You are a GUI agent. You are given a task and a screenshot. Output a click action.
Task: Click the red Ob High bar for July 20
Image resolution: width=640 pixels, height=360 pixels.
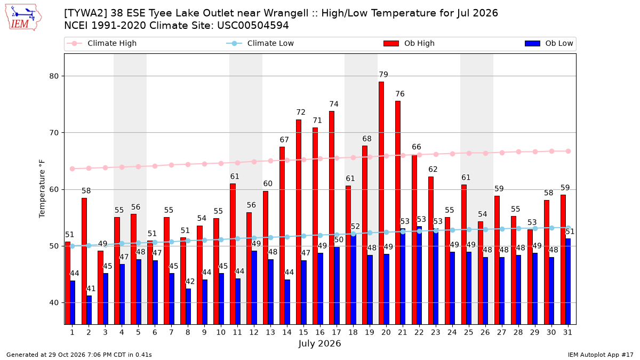(381, 203)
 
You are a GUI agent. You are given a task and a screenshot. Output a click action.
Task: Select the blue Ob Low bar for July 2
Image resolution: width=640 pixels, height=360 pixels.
(89, 310)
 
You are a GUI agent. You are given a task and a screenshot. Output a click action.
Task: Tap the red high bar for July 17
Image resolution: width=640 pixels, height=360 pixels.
(331, 218)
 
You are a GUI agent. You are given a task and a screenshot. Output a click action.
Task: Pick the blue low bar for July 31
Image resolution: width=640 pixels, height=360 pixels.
(568, 282)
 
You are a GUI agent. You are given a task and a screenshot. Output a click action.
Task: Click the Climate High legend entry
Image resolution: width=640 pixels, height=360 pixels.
(101, 43)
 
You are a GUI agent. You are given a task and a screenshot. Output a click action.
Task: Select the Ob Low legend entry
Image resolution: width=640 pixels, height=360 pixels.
(549, 43)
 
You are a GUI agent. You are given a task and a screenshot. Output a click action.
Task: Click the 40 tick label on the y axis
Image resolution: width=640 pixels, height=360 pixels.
(54, 302)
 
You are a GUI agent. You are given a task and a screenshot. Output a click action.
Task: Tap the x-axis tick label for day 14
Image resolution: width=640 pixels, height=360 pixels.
(287, 332)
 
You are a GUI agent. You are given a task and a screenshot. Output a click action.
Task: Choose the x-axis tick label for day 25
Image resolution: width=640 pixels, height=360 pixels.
(469, 332)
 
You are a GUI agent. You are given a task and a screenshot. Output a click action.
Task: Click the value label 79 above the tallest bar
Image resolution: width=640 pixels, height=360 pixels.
(383, 75)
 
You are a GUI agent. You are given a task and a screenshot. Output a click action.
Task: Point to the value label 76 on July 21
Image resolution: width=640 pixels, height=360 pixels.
(400, 94)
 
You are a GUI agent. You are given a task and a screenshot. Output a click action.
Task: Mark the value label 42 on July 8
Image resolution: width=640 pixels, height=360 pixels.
(190, 282)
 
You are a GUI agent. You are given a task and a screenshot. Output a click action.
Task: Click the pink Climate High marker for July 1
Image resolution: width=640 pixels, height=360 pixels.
(73, 169)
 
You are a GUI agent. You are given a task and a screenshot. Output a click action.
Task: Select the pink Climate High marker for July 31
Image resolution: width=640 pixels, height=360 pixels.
(568, 151)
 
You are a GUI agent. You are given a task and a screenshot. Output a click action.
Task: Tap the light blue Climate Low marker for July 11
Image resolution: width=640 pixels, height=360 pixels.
(237, 238)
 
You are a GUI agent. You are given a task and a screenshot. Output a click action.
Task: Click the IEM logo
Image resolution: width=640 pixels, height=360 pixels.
(23, 18)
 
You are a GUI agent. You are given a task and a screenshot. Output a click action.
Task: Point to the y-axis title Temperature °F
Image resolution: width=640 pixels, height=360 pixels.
(42, 189)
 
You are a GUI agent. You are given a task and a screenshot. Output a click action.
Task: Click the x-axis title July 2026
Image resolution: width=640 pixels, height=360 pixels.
(319, 343)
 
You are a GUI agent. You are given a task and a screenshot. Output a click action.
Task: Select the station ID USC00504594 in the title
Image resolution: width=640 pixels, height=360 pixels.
(253, 26)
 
